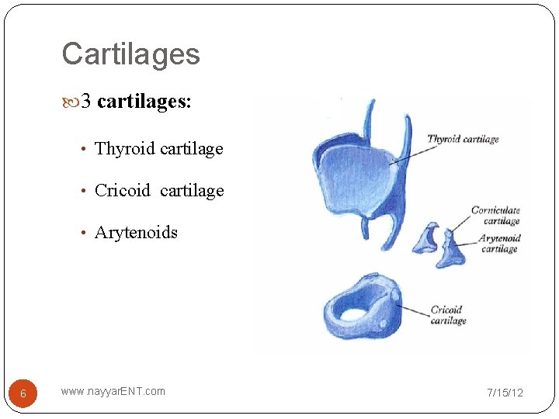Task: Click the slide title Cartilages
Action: click(130, 54)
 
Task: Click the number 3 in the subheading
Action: click(87, 102)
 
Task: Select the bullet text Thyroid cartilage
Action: click(158, 148)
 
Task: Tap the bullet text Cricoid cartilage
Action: click(158, 190)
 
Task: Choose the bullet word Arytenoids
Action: click(136, 232)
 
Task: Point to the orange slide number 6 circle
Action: click(23, 393)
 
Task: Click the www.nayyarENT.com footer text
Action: click(113, 391)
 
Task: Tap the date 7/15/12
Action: click(505, 393)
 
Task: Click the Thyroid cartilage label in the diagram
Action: click(463, 139)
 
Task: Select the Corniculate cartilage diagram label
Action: click(495, 215)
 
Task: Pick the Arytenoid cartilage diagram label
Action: click(499, 244)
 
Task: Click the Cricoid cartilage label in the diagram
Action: click(449, 315)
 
